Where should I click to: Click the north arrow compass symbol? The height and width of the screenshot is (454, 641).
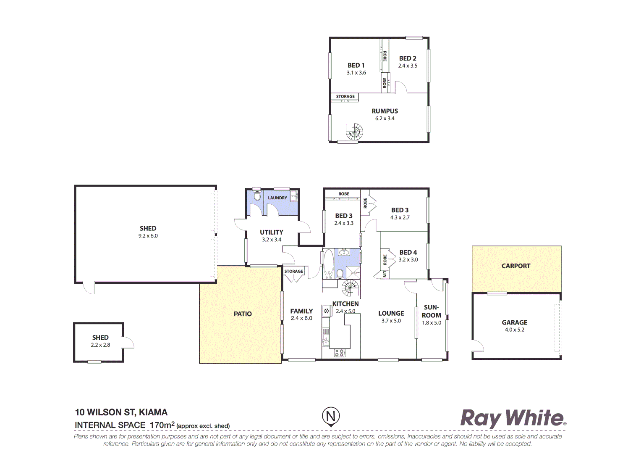click(x=331, y=417)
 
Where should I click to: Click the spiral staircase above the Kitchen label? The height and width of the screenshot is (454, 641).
click(x=350, y=289)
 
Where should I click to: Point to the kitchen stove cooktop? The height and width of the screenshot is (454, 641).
click(x=340, y=353)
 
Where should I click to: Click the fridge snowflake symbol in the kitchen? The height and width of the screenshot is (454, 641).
click(x=326, y=311)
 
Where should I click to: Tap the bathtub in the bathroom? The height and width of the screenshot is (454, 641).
click(x=328, y=264)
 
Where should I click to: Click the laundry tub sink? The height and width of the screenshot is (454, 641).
click(x=294, y=196)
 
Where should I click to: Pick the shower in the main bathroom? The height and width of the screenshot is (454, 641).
click(x=353, y=273)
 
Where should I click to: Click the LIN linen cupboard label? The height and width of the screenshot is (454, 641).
click(x=385, y=274)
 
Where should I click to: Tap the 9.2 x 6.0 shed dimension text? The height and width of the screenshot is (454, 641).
click(x=148, y=236)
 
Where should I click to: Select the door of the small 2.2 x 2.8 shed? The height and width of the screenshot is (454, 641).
click(x=128, y=343)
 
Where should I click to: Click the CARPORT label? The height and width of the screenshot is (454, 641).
click(x=516, y=266)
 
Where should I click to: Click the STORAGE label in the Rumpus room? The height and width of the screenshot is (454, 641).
click(x=345, y=97)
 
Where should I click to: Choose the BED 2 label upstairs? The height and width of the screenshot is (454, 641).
click(x=408, y=58)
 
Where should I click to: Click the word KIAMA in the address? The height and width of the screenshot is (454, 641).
click(x=153, y=412)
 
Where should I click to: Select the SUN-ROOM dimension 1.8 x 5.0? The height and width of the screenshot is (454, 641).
click(x=432, y=323)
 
